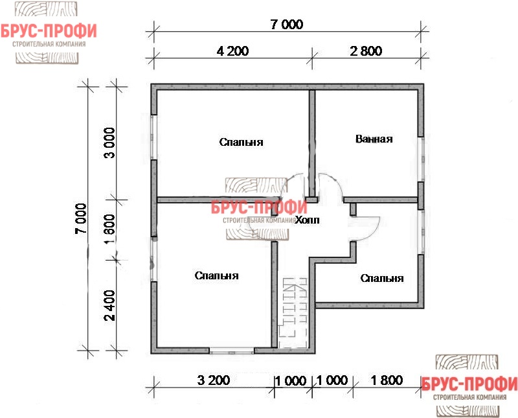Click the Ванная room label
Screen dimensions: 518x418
pyautogui.click(x=374, y=139)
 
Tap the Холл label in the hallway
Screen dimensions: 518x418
pyautogui.click(x=307, y=220)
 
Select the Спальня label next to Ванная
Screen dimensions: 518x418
pyautogui.click(x=241, y=142)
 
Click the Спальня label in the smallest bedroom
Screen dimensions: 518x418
pyautogui.click(x=382, y=278)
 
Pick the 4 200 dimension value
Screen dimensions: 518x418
pyautogui.click(x=233, y=51)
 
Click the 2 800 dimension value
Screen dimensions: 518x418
pyautogui.click(x=366, y=51)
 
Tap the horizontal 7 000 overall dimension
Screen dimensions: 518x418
pyautogui.click(x=286, y=25)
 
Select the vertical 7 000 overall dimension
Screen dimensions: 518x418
pyautogui.click(x=81, y=218)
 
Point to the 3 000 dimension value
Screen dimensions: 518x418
pyautogui.click(x=110, y=143)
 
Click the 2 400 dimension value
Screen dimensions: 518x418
pyautogui.click(x=110, y=305)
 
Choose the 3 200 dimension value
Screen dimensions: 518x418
pyautogui.click(x=214, y=380)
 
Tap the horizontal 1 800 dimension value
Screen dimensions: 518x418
pyautogui.click(x=387, y=380)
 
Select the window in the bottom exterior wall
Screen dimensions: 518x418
pyautogui.click(x=232, y=351)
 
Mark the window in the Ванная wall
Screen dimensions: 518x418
pyautogui.click(x=421, y=159)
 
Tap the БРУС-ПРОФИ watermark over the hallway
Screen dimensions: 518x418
pyautogui.click(x=259, y=207)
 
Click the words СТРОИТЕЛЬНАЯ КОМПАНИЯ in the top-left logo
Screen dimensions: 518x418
pyautogui.click(x=49, y=44)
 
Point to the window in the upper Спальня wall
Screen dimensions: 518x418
pyautogui.click(x=154, y=137)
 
